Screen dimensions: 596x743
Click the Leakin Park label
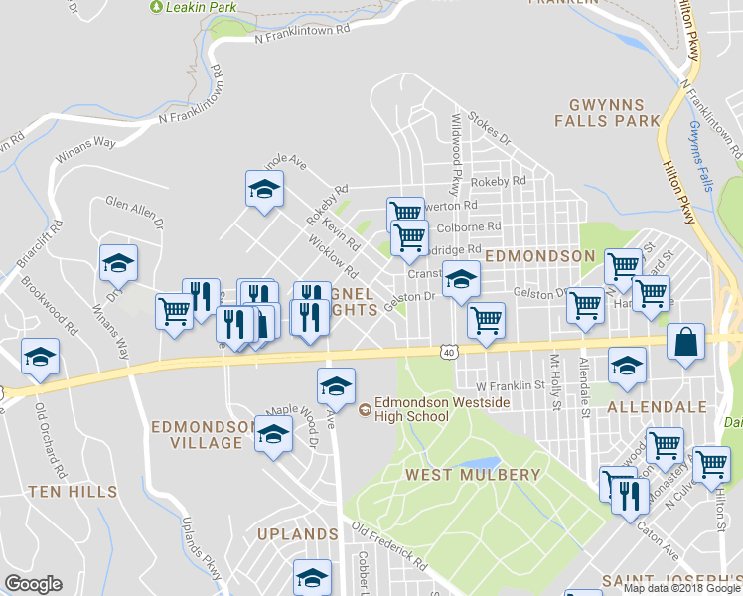[x=194, y=7]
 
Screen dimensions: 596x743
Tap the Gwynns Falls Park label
[x=608, y=112]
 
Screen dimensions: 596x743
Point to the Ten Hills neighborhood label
[x=73, y=491]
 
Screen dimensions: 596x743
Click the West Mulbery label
[x=472, y=474]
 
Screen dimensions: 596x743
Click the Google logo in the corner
[x=33, y=584]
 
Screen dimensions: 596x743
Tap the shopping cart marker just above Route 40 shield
[x=486, y=319]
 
